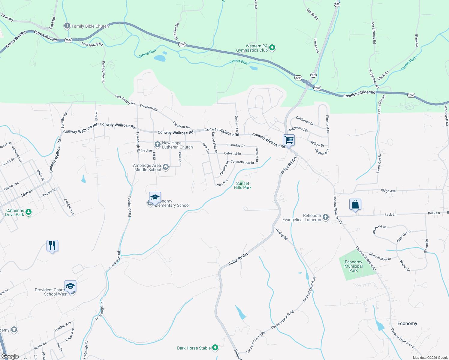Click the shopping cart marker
289,140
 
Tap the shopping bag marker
355,205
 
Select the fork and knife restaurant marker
52,246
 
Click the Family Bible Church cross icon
67,26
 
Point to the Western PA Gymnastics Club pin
272,47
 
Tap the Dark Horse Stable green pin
215,348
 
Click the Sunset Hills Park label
243,185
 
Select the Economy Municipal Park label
353,266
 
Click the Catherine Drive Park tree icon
29,212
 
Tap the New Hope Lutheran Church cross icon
157,145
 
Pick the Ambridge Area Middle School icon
165,167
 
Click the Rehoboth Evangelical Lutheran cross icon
326,217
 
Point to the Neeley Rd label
282,234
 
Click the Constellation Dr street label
242,162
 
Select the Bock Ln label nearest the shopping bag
390,214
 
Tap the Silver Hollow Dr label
380,257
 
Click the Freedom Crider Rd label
359,94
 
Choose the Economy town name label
407,323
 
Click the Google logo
10,356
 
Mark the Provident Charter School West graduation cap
70,286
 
